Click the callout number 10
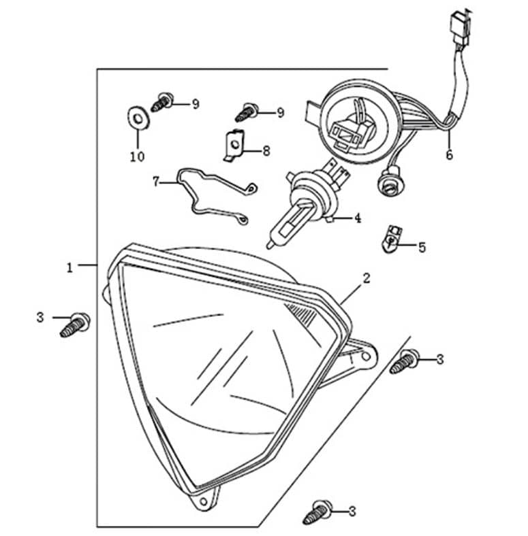[x=138, y=157]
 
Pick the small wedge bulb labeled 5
[x=391, y=239]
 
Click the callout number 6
[x=449, y=154]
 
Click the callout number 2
[x=367, y=278]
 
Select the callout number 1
[x=69, y=267]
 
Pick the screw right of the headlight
[x=405, y=361]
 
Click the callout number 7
[x=156, y=182]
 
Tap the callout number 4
[x=357, y=218]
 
